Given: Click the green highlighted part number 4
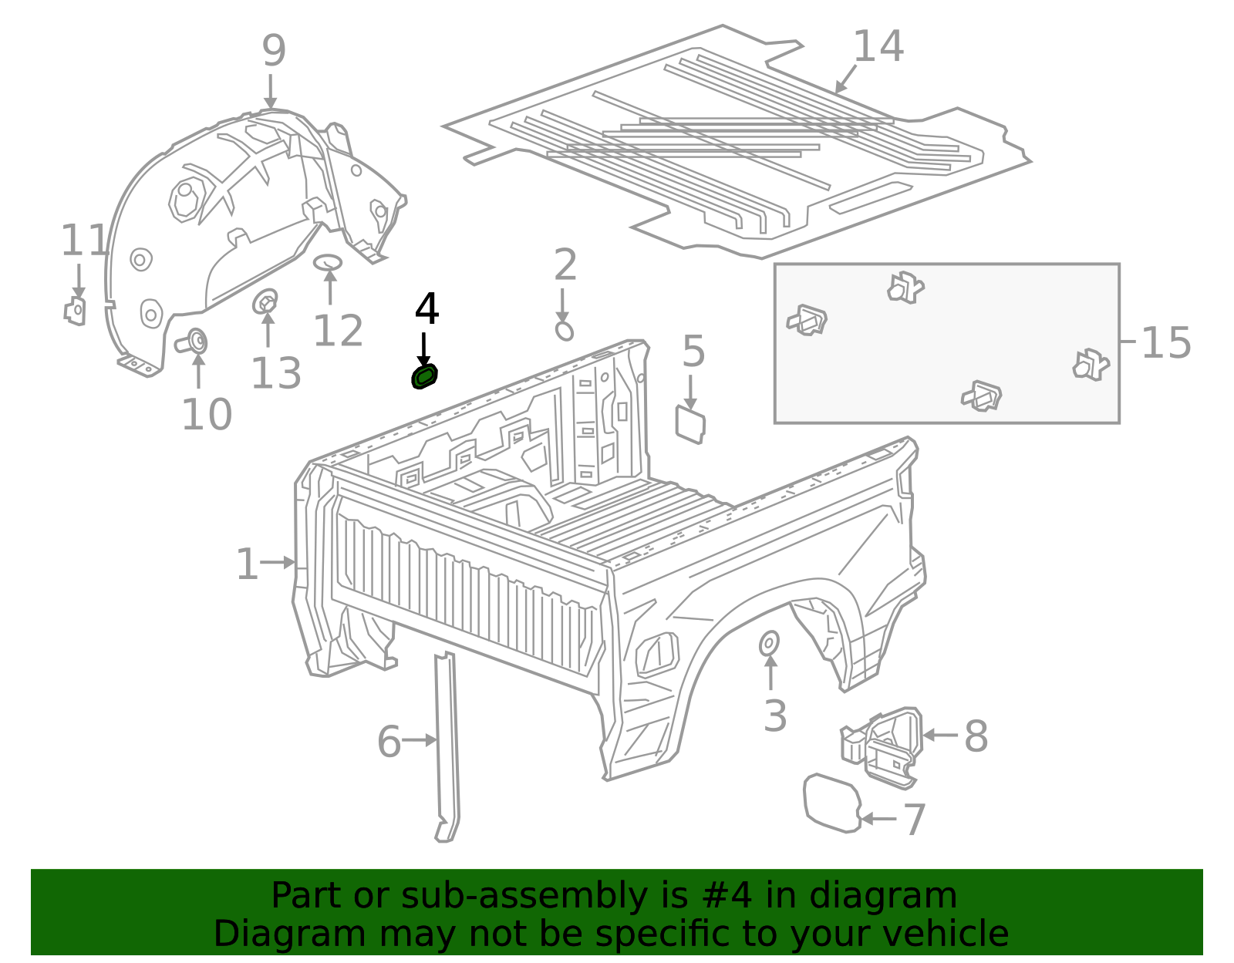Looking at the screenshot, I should click(424, 377).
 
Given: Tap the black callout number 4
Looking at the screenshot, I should click(427, 309).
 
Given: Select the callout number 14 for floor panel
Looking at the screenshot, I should click(878, 47).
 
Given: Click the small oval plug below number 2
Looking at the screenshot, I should click(565, 331).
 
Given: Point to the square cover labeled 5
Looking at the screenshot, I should click(690, 424).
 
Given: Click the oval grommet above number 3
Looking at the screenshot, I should click(769, 643).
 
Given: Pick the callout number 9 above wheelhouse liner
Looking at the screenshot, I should click(274, 51).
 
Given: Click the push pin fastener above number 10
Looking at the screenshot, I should click(194, 341).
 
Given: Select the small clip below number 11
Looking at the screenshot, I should click(75, 310).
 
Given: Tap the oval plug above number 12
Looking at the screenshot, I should click(328, 262).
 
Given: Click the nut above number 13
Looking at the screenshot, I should click(265, 301).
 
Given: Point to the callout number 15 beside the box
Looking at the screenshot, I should click(1165, 342).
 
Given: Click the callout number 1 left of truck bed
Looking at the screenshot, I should click(247, 564).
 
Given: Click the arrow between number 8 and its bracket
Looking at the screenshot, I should click(939, 736).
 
